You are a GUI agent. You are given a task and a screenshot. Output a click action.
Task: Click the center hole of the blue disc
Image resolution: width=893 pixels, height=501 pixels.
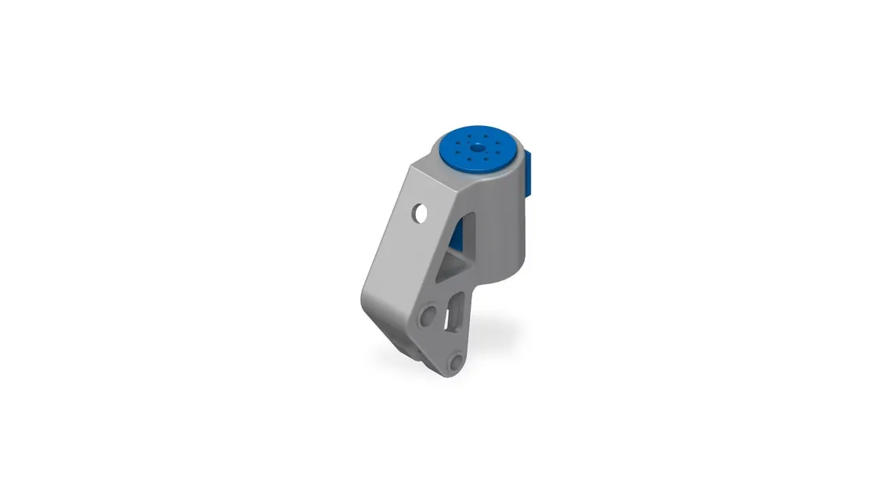476,147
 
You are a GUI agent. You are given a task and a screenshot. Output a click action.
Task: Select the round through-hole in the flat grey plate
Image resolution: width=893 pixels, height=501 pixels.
420,213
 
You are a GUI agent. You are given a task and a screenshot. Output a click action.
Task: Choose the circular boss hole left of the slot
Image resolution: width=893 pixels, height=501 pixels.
427,315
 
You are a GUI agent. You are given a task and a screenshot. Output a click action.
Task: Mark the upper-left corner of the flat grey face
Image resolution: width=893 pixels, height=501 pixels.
411,168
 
